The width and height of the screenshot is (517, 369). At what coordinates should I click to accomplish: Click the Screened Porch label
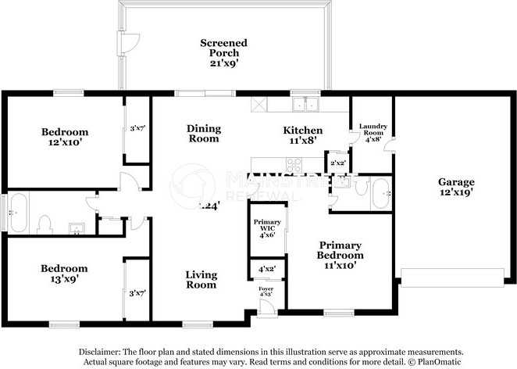click(223, 49)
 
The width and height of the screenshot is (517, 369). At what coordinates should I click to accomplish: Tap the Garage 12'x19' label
click(455, 187)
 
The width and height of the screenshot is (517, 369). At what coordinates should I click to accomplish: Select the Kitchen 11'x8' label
click(302, 135)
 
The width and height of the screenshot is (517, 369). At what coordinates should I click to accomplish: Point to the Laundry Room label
click(372, 130)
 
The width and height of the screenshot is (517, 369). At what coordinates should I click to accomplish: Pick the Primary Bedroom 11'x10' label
click(340, 255)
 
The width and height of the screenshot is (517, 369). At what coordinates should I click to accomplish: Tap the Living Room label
click(201, 280)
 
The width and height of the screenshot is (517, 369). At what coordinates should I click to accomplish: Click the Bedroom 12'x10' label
click(65, 138)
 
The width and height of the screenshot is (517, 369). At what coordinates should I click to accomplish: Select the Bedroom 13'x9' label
click(65, 273)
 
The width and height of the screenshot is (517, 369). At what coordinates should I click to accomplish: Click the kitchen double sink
click(305, 103)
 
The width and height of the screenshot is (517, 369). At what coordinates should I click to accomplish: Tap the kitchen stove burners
click(295, 164)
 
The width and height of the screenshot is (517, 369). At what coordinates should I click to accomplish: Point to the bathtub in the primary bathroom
click(380, 193)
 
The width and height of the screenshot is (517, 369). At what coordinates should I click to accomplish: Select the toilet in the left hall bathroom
click(45, 225)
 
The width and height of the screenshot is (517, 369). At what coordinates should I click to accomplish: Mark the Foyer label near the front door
click(266, 292)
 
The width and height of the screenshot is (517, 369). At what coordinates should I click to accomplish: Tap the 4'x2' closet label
click(266, 270)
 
